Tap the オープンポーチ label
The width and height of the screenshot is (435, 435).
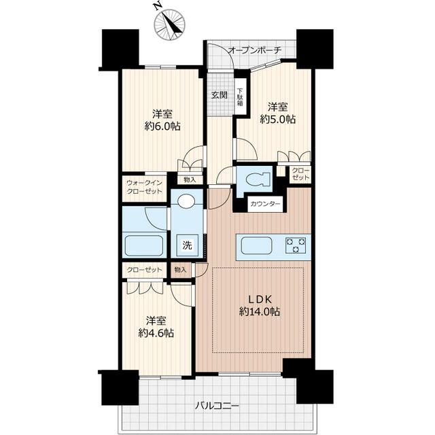pos(255,50)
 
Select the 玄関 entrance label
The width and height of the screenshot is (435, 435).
pos(219,95)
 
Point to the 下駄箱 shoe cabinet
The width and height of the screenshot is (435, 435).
pos(240,97)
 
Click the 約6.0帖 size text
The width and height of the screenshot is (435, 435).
pos(162,126)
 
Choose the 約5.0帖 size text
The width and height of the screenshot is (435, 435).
pos(277,120)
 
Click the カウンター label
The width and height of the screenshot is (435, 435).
pos(265,205)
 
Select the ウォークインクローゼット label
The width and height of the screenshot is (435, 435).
pos(144,188)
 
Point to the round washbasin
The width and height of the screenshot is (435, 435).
pos(186,201)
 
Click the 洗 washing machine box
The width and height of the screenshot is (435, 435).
pos(187,245)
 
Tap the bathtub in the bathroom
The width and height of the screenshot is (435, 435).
pos(143,246)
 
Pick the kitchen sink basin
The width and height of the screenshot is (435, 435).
pos(256,245)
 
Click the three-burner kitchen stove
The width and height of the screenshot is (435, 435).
pos(296,245)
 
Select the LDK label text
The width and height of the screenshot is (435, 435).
pos(259,299)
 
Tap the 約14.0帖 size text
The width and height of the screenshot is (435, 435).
pos(260,312)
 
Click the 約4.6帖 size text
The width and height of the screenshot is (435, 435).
pos(156,332)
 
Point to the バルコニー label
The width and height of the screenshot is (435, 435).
pos(217,406)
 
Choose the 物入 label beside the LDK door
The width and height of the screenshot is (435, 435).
pos(180,270)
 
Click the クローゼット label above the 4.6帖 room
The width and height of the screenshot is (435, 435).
pos(144,270)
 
